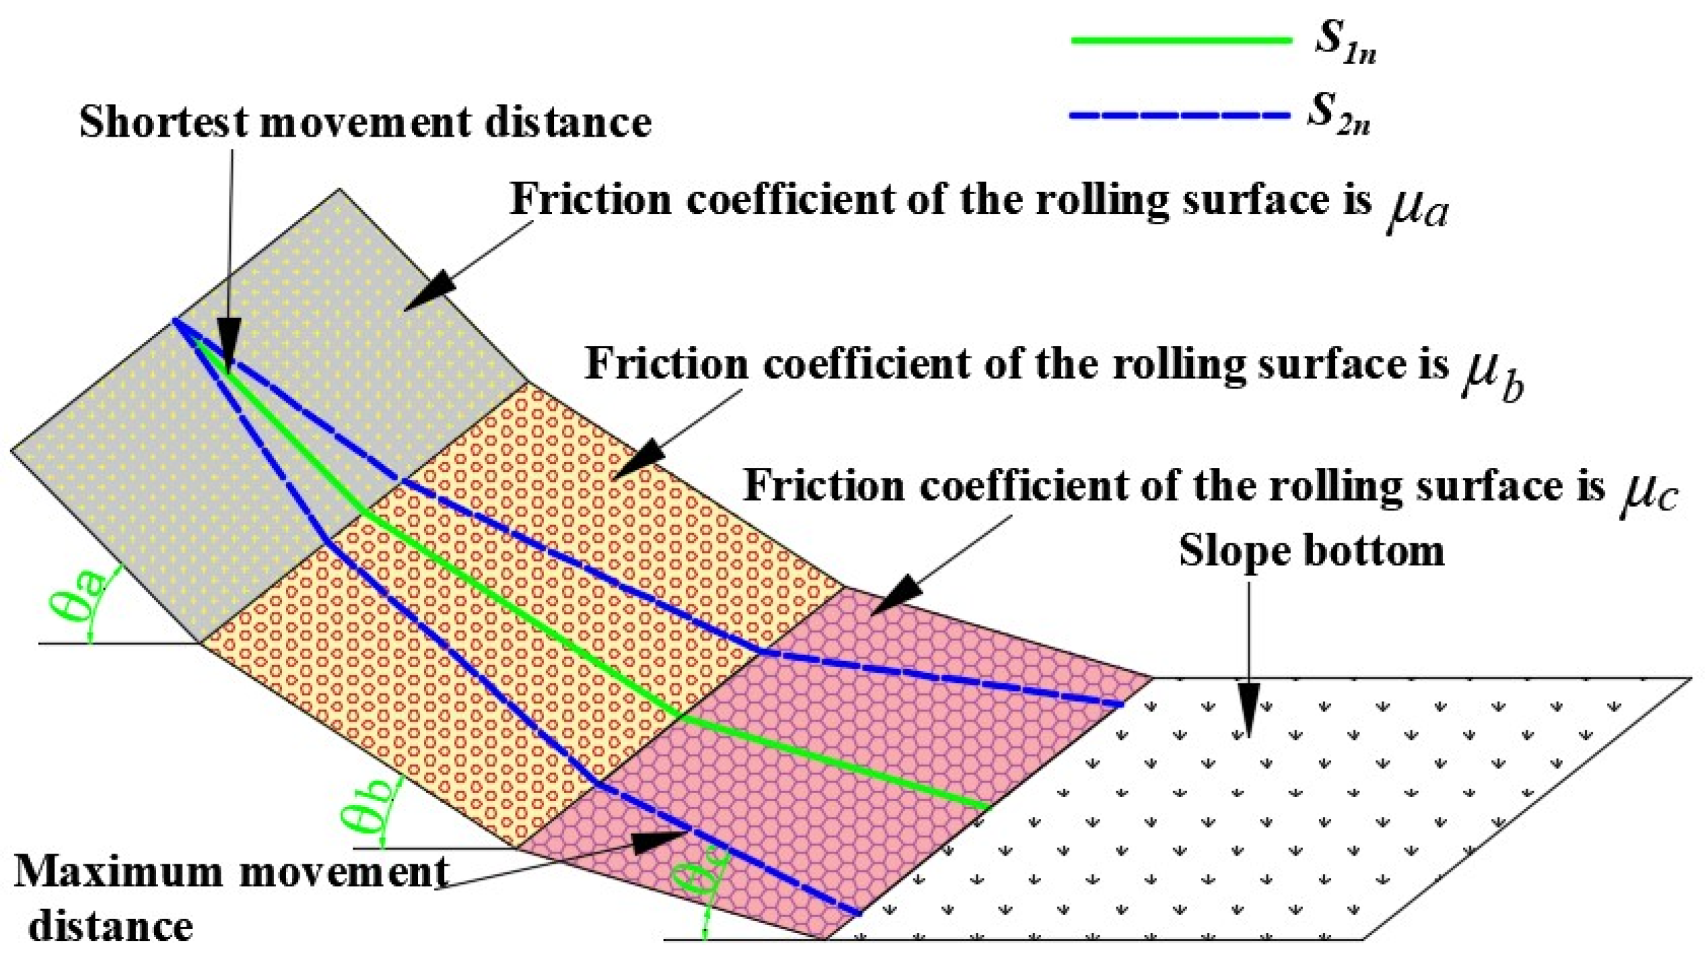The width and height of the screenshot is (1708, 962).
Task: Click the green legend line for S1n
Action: click(1181, 40)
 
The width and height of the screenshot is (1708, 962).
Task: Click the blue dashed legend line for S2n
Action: click(1179, 116)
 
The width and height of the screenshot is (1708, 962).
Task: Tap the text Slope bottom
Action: click(1311, 551)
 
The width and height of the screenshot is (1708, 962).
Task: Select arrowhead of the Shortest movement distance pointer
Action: click(229, 350)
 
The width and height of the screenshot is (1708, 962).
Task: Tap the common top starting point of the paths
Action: click(175, 320)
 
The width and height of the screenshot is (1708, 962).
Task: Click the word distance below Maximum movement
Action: click(111, 926)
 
